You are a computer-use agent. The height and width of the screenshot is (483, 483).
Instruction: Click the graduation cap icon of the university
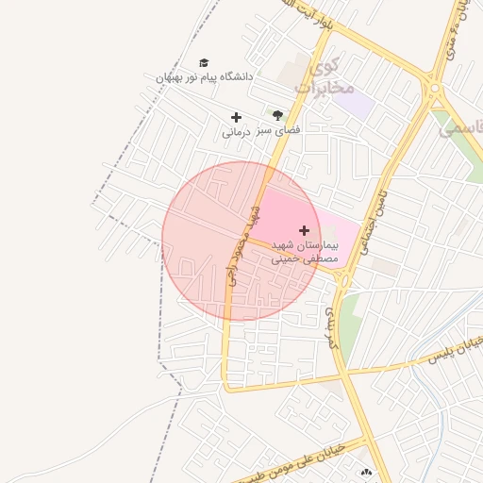point(204,62)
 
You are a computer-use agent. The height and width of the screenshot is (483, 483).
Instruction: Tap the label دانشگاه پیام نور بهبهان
point(205,77)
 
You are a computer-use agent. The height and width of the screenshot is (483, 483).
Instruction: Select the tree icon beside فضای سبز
point(276,114)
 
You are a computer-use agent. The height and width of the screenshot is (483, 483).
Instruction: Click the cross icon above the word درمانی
point(236,117)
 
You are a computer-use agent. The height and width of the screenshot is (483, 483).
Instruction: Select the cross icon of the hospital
point(304,229)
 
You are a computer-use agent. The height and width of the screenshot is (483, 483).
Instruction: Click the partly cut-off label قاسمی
point(461,125)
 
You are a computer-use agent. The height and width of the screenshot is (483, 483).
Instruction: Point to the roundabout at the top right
point(435,92)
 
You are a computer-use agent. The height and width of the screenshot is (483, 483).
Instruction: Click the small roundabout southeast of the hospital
point(345,280)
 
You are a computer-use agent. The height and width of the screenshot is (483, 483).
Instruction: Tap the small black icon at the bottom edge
point(366,472)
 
